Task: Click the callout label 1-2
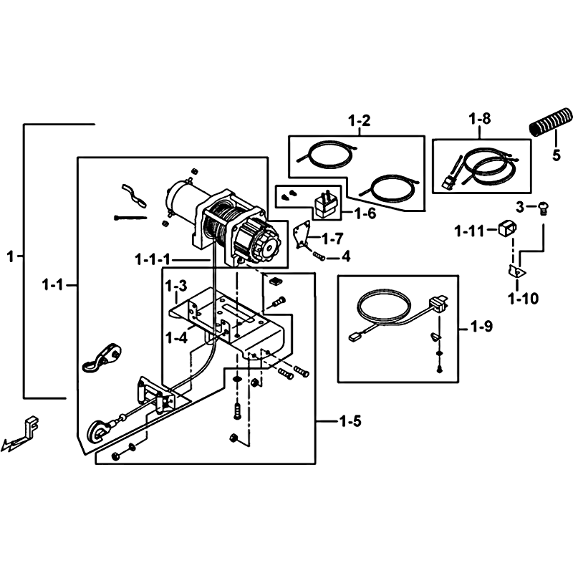[360, 120]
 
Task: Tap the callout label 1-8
[480, 119]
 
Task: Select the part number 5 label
[557, 155]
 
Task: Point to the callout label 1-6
[365, 213]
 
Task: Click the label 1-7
[332, 239]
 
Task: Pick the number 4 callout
[346, 256]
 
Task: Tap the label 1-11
[469, 231]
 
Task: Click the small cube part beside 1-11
[508, 228]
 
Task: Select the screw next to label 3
[544, 210]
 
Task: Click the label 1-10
[524, 299]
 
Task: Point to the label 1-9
[481, 327]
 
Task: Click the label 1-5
[350, 421]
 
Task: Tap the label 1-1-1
[153, 260]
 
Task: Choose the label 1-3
[176, 286]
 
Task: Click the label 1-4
[176, 337]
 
